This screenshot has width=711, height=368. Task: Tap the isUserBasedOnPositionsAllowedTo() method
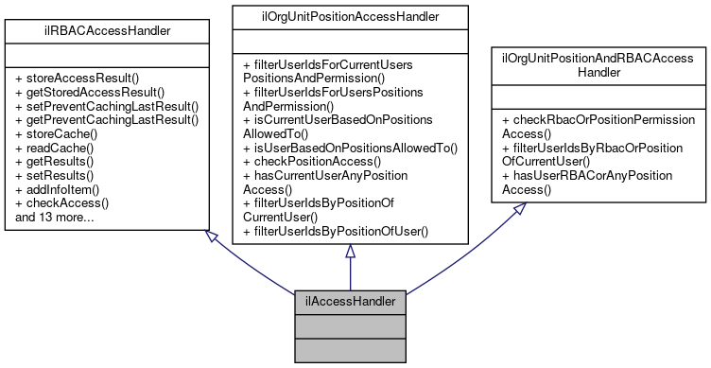pyautogui.click(x=350, y=148)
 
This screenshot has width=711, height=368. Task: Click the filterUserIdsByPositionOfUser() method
pyautogui.click(x=336, y=230)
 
